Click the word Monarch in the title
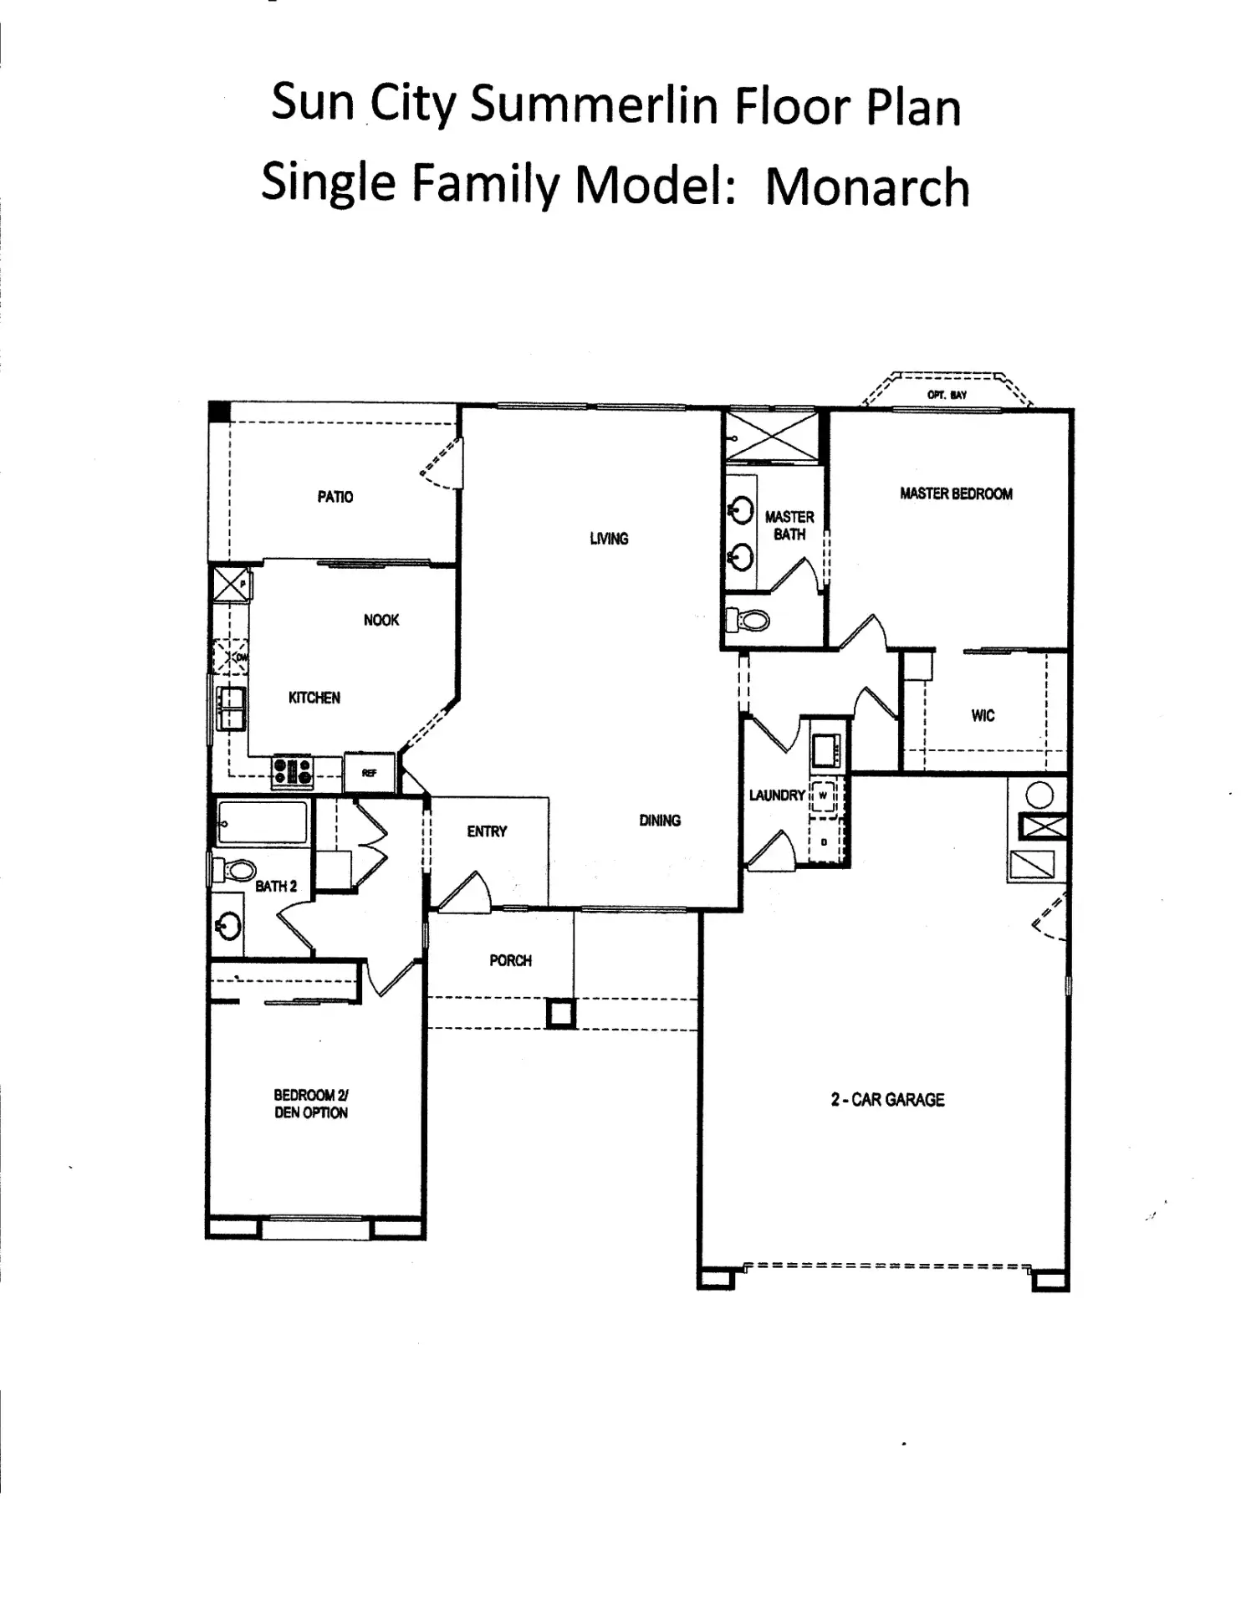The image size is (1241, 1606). coord(867,187)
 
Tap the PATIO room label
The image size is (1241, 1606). coord(335,497)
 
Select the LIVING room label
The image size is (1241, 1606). coord(609,539)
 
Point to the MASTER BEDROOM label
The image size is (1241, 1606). coord(956,494)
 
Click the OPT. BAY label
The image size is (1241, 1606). coord(947,395)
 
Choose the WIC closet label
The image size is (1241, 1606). coord(983,715)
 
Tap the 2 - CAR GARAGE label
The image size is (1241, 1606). coord(887,1100)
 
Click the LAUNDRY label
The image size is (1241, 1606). coord(777,795)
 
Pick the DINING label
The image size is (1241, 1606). coord(660,821)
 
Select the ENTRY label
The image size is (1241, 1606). coord(487,831)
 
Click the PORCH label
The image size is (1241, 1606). coord(510,961)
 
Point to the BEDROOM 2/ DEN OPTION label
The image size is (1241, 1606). coord(311,1104)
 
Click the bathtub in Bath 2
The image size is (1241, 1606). coord(263,822)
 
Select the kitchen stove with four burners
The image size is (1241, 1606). coord(293,771)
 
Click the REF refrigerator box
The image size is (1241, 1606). coord(369,772)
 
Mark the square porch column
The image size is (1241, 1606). coord(560,1014)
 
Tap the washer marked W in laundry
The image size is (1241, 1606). coord(823,795)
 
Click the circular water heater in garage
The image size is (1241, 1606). coord(1039,795)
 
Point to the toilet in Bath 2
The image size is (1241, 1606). coord(233,870)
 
